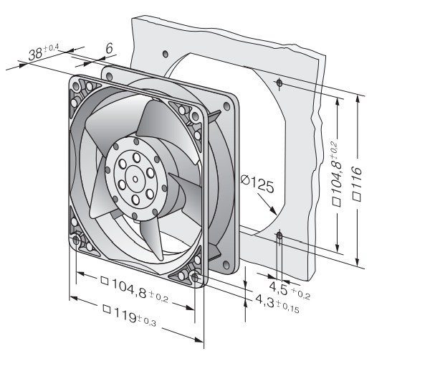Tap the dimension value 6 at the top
(x=109, y=48)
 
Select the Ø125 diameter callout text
(x=257, y=186)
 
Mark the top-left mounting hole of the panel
(x=166, y=54)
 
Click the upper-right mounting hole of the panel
(x=279, y=84)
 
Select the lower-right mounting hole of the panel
(x=279, y=235)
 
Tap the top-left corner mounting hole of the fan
(x=75, y=86)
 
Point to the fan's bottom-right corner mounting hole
(x=196, y=276)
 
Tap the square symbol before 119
(x=107, y=311)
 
